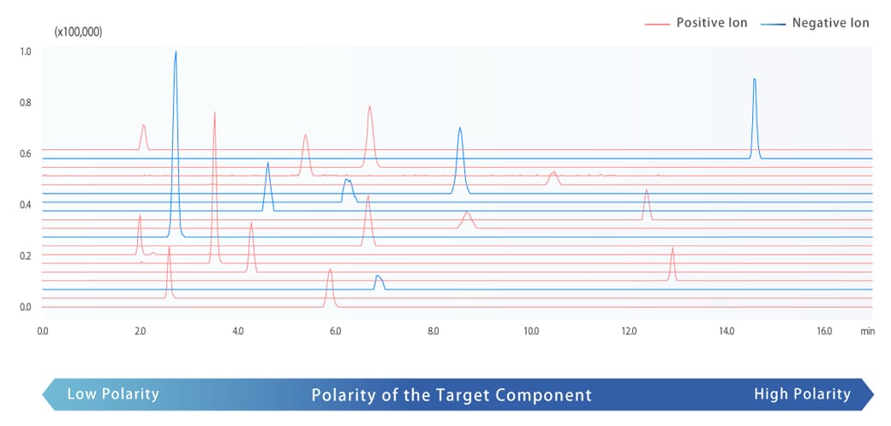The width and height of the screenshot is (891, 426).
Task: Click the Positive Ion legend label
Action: [711, 23]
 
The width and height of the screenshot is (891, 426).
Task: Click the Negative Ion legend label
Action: [830, 23]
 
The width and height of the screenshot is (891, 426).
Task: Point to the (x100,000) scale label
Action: [78, 32]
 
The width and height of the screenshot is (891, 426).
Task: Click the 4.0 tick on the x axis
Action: [237, 330]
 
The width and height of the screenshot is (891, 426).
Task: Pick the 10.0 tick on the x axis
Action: [530, 330]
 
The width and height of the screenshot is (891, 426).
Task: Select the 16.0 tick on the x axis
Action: [823, 330]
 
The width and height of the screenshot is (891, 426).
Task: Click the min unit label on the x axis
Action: [867, 330]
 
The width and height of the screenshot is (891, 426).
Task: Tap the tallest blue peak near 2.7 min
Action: [176, 53]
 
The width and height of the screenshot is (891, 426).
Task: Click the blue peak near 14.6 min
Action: [754, 81]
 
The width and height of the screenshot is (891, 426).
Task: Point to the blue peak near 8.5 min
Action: [460, 129]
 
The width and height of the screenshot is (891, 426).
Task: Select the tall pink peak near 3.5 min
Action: [214, 114]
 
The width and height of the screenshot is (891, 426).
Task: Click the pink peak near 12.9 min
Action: [673, 249]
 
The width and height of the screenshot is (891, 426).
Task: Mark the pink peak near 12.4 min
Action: [647, 191]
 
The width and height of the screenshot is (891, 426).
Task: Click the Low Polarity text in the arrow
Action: [113, 394]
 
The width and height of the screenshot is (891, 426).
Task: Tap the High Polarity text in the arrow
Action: [802, 394]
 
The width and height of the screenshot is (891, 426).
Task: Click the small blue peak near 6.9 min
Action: [378, 277]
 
